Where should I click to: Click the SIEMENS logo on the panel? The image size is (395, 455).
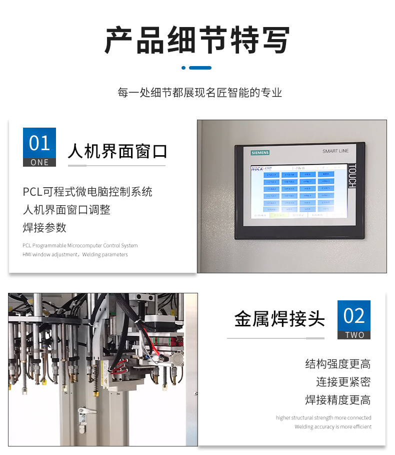tap(259, 152)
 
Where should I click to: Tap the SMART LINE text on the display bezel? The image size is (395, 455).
tap(335, 151)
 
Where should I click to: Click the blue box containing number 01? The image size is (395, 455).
tap(39, 143)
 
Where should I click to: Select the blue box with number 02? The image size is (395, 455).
tap(354, 316)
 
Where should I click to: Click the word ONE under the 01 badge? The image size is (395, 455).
tap(39, 162)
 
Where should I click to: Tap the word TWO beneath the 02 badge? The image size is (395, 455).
tap(354, 335)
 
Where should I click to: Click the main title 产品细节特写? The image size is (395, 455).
tap(197, 40)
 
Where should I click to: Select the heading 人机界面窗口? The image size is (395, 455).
tap(117, 151)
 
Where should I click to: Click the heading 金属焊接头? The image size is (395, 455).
tap(279, 319)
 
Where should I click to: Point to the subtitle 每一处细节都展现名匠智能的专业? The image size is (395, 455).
tap(199, 93)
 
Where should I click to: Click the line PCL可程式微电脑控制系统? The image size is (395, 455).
tap(87, 192)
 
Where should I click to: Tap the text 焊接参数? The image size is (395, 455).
tap(44, 228)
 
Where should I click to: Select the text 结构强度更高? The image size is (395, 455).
tap(338, 364)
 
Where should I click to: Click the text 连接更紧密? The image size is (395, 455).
tap(343, 382)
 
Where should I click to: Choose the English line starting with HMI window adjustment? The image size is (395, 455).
tap(75, 255)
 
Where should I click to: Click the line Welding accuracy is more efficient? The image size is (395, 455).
tap(333, 427)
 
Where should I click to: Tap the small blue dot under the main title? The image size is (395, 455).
tap(183, 68)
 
